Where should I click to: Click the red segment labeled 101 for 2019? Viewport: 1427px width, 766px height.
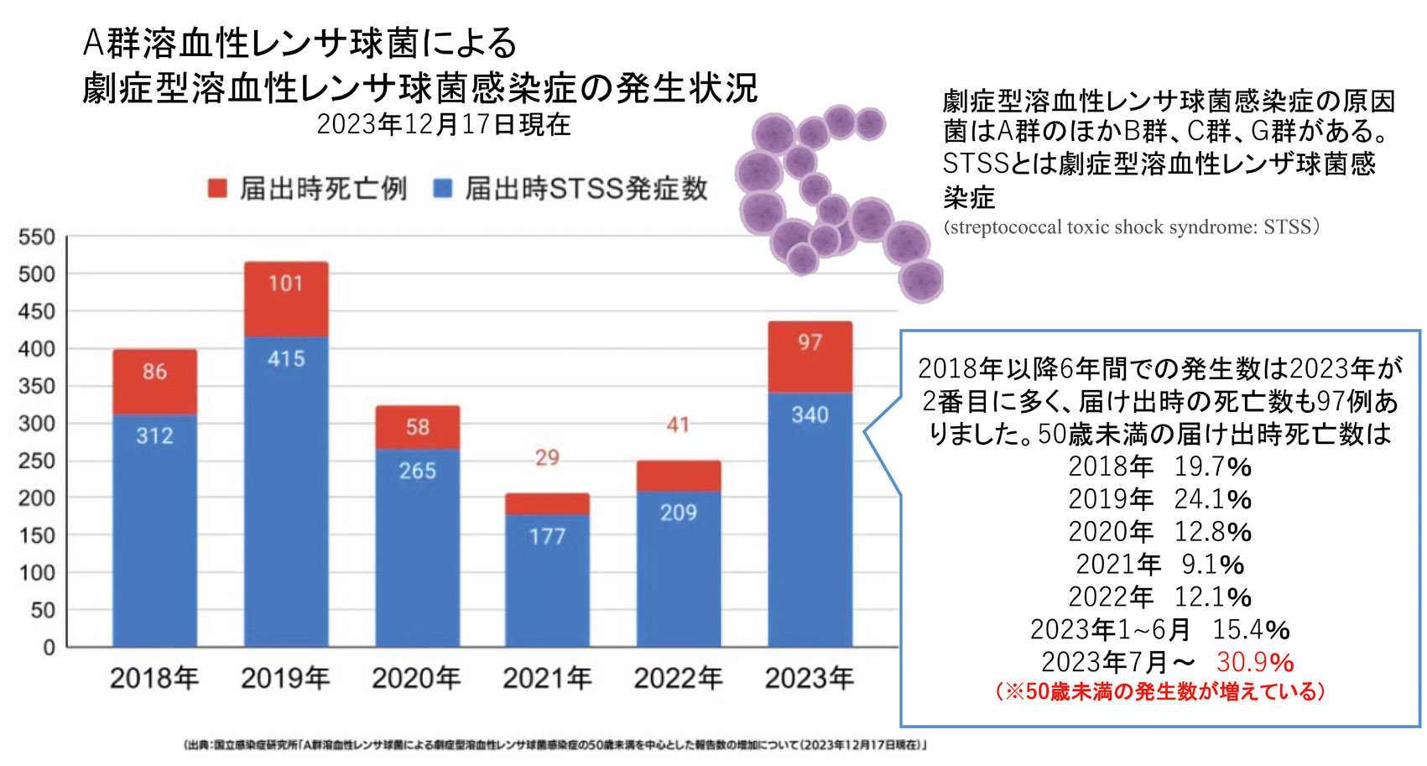pos(286,300)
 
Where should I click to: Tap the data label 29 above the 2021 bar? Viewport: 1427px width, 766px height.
pos(547,458)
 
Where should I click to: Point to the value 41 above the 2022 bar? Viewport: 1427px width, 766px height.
pos(678,425)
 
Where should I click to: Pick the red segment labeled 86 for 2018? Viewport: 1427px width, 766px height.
pos(155,382)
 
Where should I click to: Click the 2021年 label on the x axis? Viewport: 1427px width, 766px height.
pos(547,678)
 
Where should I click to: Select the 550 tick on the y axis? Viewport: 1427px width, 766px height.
pos(37,237)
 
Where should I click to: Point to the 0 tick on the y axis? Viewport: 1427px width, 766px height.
pos(49,648)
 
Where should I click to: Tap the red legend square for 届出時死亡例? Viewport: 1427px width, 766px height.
pos(218,189)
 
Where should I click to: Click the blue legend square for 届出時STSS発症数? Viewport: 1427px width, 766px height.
pos(443,189)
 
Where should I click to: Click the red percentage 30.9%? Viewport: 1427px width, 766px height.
pos(1254,662)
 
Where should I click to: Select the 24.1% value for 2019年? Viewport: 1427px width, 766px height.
pos(1212,499)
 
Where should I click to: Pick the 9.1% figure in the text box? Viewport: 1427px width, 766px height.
pos(1212,565)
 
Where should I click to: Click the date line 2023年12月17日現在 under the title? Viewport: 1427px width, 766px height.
pos(443,125)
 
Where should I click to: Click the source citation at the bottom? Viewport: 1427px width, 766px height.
pos(554,745)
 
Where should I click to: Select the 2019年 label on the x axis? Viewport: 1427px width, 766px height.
pos(285,678)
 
